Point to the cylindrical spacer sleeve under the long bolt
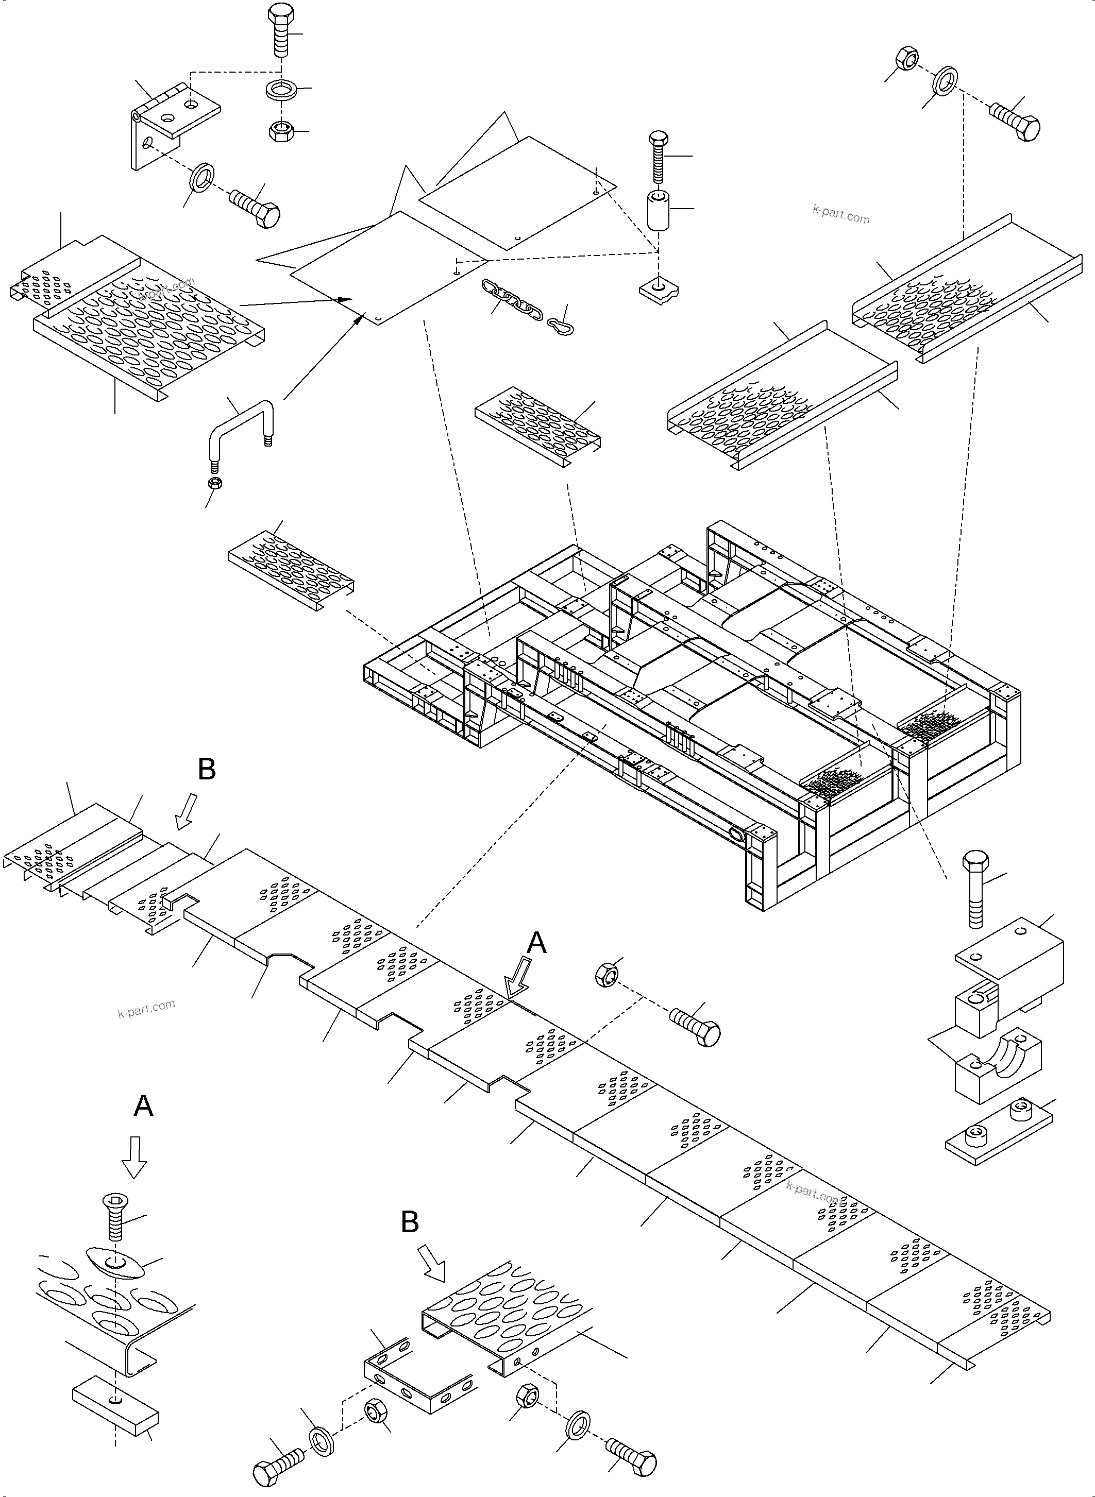pyautogui.click(x=658, y=211)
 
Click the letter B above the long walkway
pyautogui.click(x=207, y=769)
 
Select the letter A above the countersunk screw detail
pyautogui.click(x=143, y=1105)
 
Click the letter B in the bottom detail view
pyautogui.click(x=410, y=1221)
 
